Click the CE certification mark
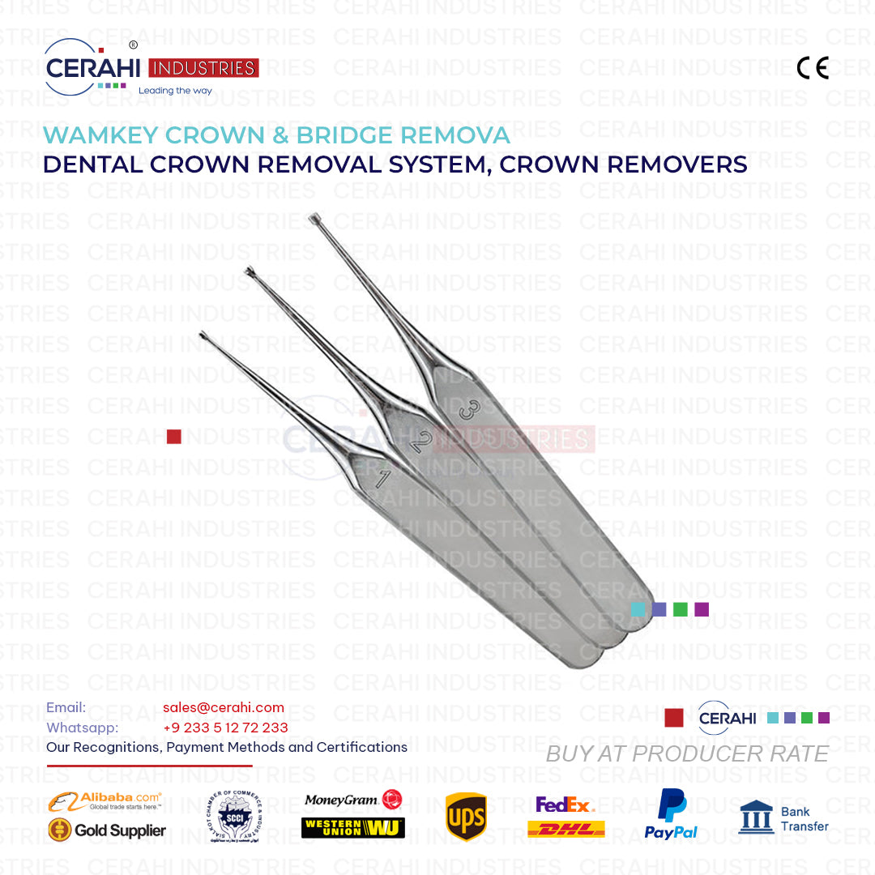pos(813,68)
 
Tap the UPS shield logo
pos(466,817)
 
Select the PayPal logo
pos(671,814)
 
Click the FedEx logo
pos(565,805)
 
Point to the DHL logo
pos(566,829)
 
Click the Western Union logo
pos(352,827)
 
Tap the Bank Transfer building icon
pos(756,817)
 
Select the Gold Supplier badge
pos(106,830)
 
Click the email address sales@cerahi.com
pos(224,707)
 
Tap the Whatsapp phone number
pos(225,728)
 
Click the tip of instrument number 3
pos(314,218)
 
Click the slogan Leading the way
pos(175,91)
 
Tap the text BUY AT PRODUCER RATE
pos(687,753)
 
